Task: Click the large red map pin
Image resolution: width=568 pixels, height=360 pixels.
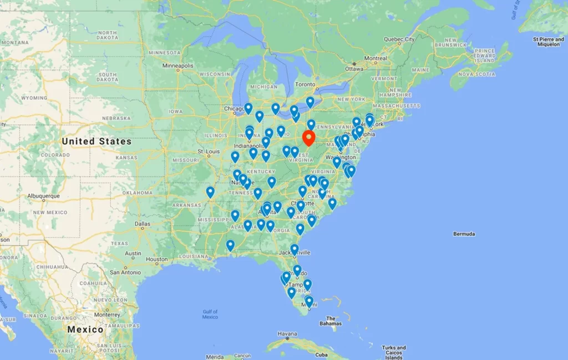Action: click(x=309, y=137)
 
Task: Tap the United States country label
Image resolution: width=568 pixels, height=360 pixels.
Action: click(x=97, y=141)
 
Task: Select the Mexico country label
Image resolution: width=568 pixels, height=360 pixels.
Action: click(x=85, y=329)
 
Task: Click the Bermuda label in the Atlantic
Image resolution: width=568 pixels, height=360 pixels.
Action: click(x=464, y=234)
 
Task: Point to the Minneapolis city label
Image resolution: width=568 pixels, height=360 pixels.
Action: click(x=178, y=65)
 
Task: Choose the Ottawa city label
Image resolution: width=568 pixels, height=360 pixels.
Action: click(x=354, y=69)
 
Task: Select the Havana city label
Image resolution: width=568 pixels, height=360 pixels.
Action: click(x=287, y=334)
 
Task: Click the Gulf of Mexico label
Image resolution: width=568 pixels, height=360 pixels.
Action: click(x=210, y=314)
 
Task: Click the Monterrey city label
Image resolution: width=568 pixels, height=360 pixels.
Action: click(x=107, y=315)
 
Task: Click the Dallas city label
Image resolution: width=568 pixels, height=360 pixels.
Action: click(x=143, y=224)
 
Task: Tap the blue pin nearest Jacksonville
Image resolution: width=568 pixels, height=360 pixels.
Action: click(x=295, y=250)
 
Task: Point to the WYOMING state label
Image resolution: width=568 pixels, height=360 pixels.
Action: click(x=34, y=98)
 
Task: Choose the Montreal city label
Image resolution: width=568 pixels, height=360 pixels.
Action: click(x=376, y=58)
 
